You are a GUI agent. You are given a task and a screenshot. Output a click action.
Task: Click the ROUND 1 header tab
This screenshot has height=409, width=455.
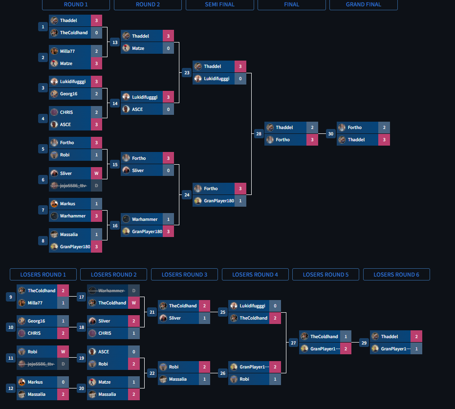click(x=76, y=5)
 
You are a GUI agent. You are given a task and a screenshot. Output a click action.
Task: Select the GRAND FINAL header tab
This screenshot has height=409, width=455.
click(x=363, y=5)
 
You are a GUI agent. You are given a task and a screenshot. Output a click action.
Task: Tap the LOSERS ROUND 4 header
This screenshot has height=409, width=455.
click(x=255, y=275)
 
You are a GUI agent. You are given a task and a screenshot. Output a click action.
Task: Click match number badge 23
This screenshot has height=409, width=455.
click(x=187, y=73)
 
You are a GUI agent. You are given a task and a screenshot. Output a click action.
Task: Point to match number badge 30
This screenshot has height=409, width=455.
click(x=331, y=134)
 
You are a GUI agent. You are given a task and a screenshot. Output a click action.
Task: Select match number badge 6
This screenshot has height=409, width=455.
click(x=43, y=179)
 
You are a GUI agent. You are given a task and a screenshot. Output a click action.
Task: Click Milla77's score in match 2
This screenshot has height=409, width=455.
click(x=96, y=51)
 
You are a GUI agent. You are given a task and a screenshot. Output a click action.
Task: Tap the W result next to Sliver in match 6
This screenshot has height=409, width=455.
click(x=96, y=173)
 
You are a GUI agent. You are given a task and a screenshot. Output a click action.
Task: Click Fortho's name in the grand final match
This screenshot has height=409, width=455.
click(x=355, y=128)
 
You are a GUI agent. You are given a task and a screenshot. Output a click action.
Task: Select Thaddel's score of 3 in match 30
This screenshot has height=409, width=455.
click(x=384, y=140)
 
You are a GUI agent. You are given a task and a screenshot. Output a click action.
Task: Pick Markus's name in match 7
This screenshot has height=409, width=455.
click(x=68, y=204)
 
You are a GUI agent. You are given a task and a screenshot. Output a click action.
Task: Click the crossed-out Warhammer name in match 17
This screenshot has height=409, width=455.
click(x=111, y=291)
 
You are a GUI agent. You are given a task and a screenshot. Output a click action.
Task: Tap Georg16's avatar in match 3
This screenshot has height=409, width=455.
click(x=54, y=94)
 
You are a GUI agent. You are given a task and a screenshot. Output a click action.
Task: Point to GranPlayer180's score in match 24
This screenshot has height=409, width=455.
click(x=240, y=201)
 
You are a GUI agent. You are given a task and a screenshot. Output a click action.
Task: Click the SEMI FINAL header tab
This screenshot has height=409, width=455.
click(x=219, y=5)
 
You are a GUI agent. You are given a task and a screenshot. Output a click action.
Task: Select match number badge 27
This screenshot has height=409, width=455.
click(x=293, y=343)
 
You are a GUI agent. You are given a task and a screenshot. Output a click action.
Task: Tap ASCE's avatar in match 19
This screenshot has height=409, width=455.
click(x=92, y=352)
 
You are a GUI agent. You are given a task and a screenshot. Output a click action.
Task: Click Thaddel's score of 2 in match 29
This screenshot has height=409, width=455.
click(x=416, y=337)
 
